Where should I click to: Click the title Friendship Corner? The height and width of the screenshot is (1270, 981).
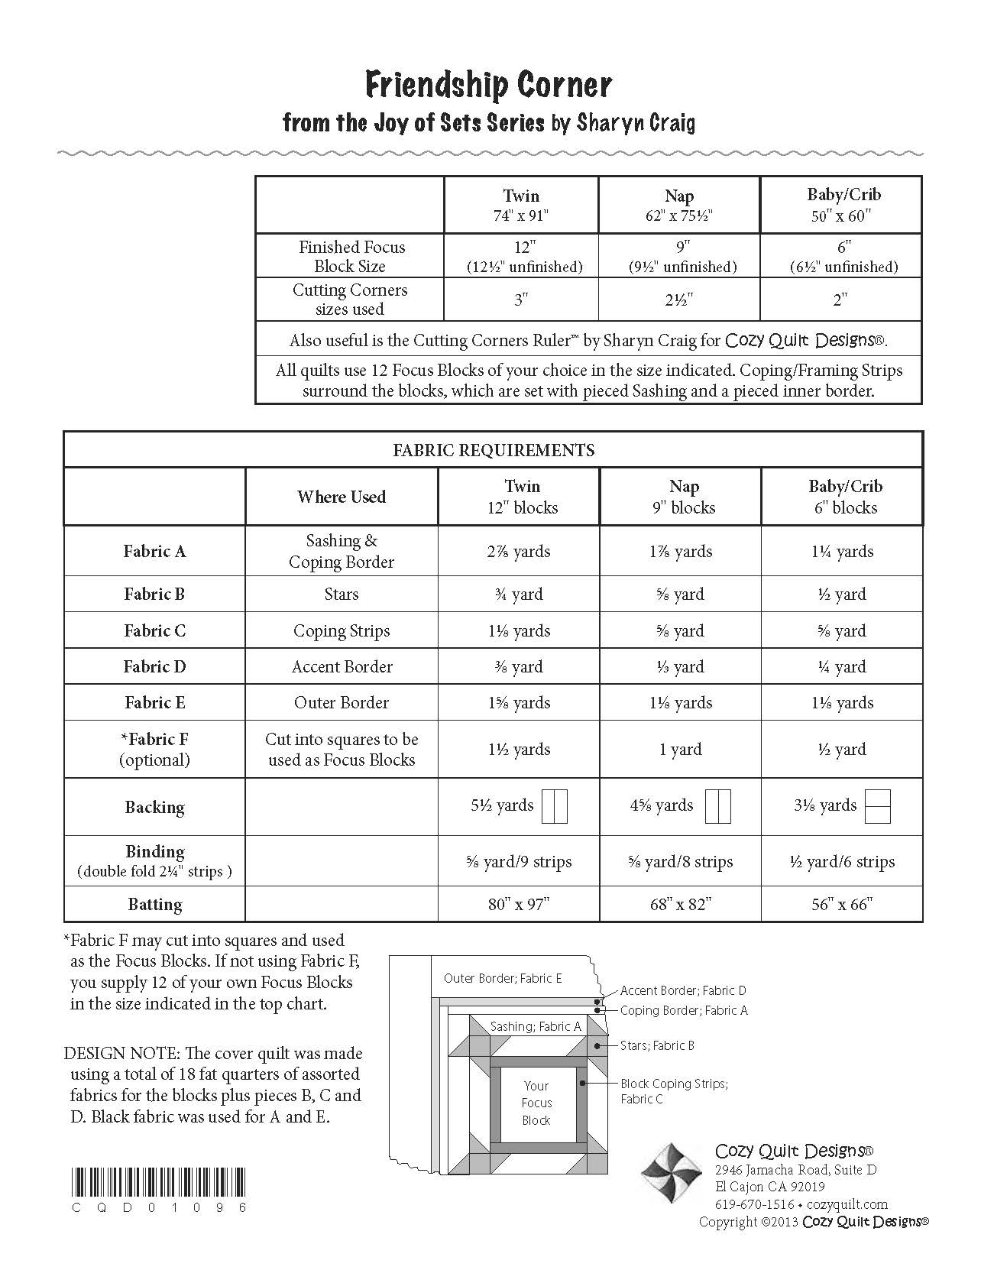point(489,86)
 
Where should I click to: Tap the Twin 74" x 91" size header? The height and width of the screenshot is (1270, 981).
point(521,205)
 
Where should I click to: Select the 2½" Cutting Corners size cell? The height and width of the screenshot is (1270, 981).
point(678,300)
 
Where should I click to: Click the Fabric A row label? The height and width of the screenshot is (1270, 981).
point(154,551)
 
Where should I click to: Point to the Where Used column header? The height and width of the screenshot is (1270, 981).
point(342,497)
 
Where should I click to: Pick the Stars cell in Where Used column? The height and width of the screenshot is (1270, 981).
point(342,595)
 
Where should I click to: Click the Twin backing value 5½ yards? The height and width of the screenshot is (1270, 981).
point(502,805)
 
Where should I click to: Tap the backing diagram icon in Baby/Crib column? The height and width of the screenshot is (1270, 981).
point(879,806)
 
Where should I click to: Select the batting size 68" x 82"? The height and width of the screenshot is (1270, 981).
point(681,904)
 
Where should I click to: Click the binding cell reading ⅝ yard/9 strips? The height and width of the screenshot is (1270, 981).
point(519,862)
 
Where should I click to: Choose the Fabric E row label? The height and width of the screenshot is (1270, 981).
point(154,703)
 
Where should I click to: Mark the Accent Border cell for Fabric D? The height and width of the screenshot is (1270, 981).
point(342,667)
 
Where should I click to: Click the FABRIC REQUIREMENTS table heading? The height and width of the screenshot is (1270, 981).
point(494,450)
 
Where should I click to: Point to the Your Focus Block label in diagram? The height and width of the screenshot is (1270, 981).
point(536,1103)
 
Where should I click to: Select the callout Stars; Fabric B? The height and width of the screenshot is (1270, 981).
point(657,1045)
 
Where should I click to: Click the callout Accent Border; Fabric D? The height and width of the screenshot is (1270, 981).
point(683,990)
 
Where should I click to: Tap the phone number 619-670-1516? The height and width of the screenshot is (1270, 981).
point(754,1204)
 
